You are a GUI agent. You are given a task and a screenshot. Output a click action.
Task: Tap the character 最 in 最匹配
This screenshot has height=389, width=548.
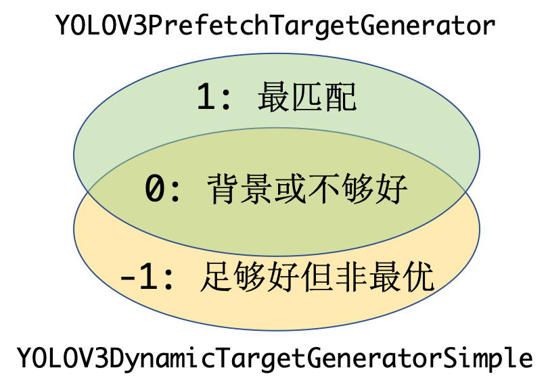(x=274, y=98)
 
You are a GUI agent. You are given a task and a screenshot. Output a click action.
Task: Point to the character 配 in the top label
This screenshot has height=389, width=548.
(x=340, y=98)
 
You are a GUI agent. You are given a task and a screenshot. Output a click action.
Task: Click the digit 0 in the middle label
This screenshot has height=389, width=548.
(x=155, y=189)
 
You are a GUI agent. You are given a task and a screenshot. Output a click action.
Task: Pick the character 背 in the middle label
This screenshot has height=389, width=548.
(x=221, y=189)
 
